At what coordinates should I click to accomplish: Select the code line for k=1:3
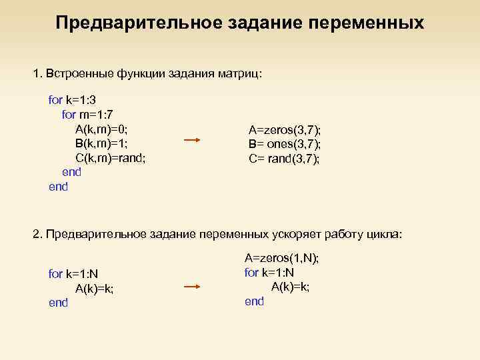[73, 100]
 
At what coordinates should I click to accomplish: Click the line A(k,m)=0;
[101, 129]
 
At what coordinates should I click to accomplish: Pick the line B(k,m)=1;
[101, 143]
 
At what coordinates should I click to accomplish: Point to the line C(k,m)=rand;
[111, 158]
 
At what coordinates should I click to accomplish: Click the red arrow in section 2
[192, 287]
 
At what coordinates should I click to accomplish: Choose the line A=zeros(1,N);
[282, 258]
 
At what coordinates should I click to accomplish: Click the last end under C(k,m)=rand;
[59, 187]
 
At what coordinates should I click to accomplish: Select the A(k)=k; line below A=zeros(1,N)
[291, 287]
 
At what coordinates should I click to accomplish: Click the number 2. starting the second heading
[37, 234]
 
